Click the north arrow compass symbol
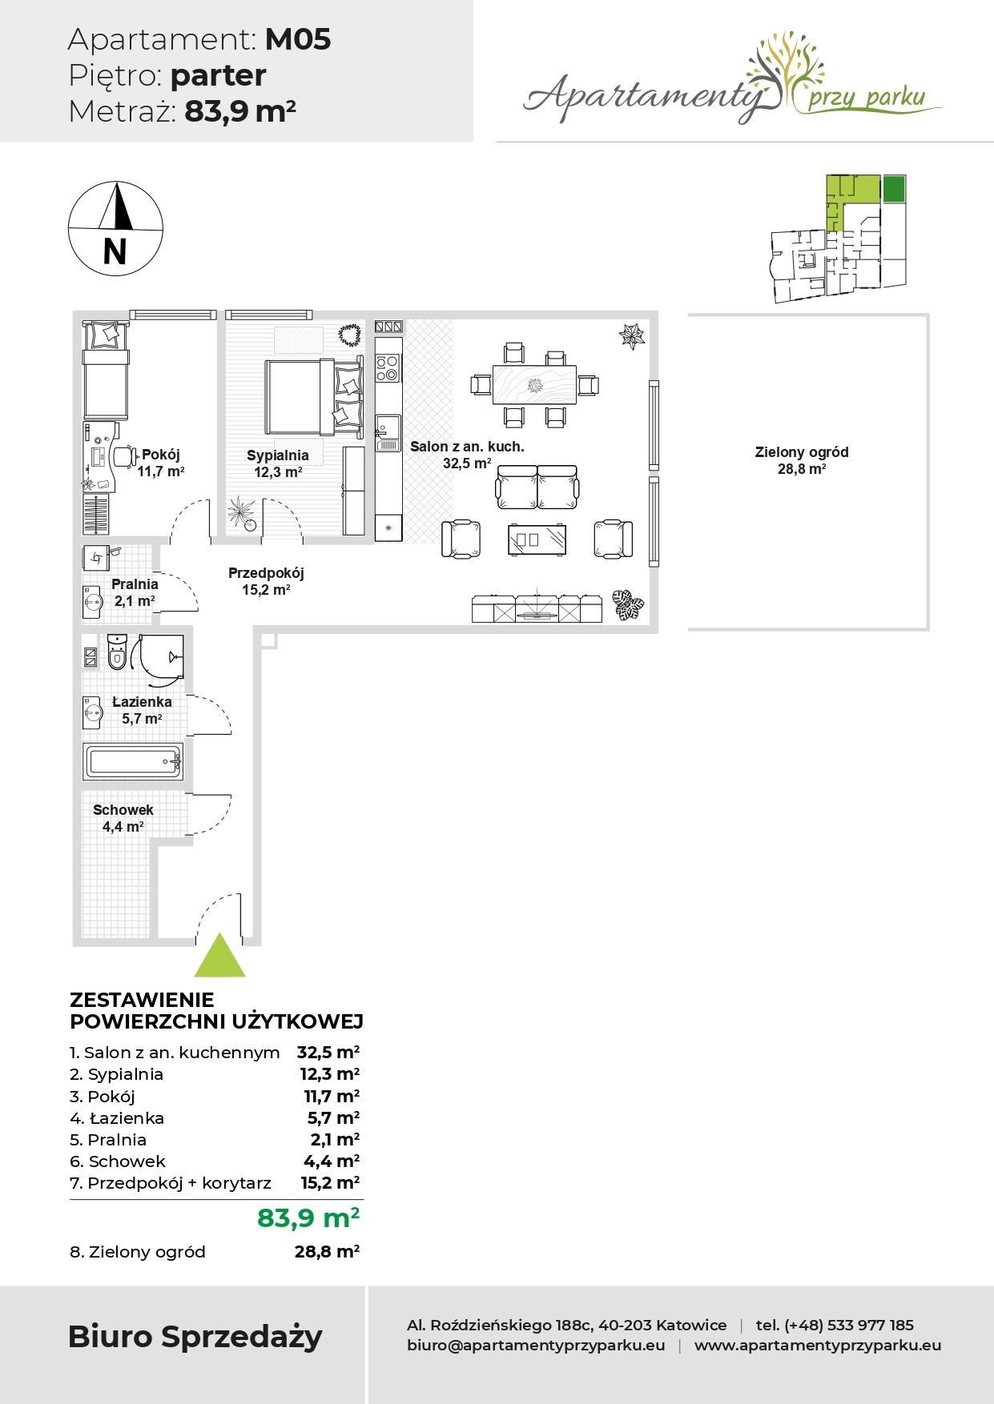click(x=115, y=227)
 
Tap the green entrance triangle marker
click(x=219, y=955)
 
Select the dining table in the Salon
click(x=534, y=384)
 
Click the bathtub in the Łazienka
click(x=133, y=761)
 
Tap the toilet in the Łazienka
click(x=117, y=652)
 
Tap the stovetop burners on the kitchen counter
click(x=388, y=367)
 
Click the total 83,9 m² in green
click(x=308, y=1217)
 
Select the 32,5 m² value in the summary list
click(x=328, y=1052)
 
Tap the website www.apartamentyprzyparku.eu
click(x=818, y=1346)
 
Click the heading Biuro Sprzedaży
click(x=195, y=1337)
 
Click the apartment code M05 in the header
click(x=298, y=39)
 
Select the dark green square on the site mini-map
click(x=895, y=189)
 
